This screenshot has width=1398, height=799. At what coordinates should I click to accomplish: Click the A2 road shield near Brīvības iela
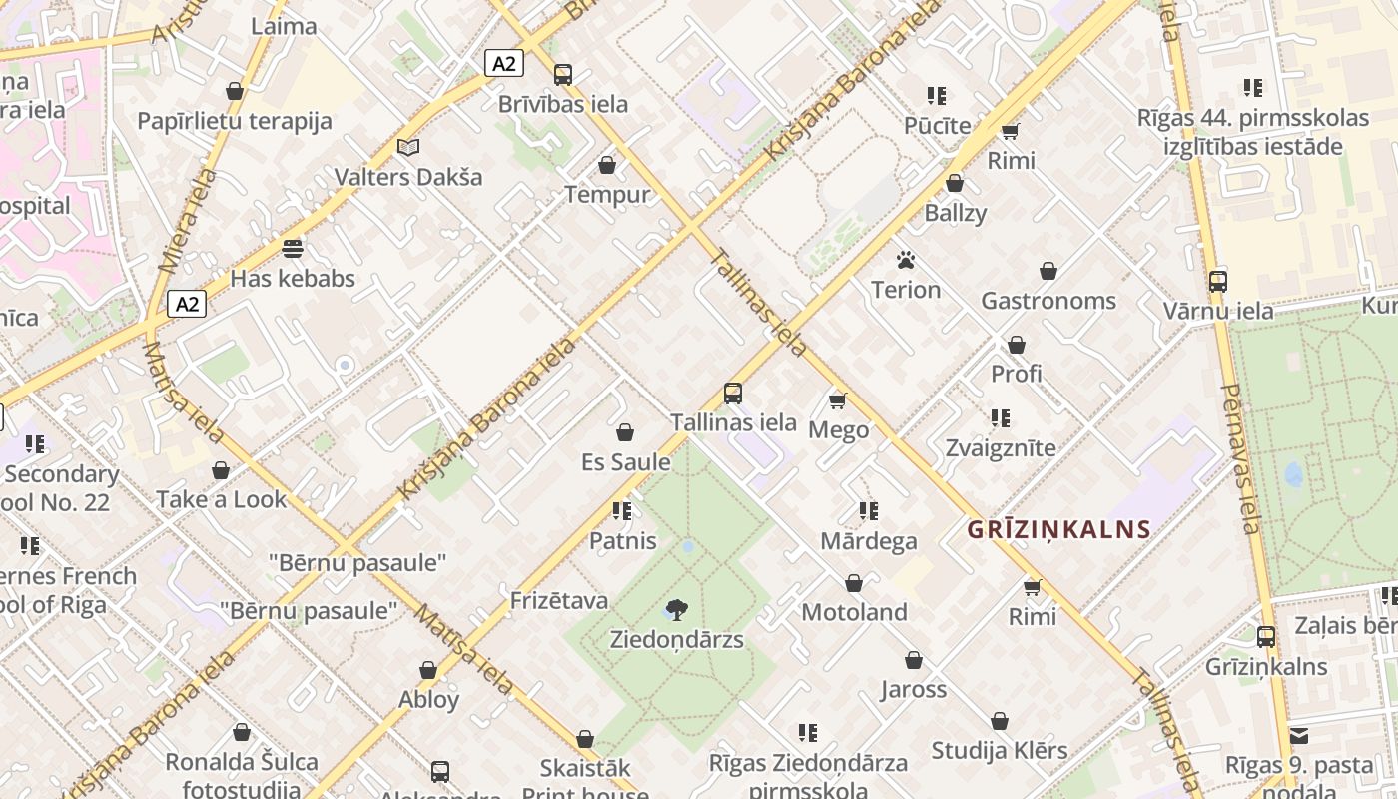point(504,63)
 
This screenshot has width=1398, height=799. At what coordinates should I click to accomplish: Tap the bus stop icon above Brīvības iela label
point(563,75)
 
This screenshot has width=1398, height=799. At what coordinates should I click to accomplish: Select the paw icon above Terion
point(906,261)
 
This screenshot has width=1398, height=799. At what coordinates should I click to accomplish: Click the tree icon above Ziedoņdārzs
point(677,609)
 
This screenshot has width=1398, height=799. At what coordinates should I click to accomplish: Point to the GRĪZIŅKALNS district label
point(1058,529)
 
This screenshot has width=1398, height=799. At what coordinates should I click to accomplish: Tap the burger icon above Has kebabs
point(293,248)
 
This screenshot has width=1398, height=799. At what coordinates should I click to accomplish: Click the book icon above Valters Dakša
point(407,147)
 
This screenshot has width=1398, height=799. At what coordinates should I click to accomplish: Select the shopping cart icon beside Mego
point(837,400)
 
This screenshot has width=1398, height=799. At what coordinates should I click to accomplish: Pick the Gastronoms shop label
point(1048,301)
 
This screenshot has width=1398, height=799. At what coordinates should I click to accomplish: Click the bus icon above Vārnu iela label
point(1217,281)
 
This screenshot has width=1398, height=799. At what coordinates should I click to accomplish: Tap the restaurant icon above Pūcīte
point(936,96)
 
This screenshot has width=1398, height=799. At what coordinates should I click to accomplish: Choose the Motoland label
point(854,612)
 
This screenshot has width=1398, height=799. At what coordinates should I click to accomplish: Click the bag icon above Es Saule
point(625,432)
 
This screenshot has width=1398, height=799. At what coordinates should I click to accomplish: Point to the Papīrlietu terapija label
point(235,122)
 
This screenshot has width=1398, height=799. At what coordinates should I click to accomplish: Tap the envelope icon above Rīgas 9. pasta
point(1299,736)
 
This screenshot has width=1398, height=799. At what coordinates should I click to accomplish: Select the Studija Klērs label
point(1000,750)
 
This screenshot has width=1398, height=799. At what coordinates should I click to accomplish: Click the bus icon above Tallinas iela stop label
point(733,393)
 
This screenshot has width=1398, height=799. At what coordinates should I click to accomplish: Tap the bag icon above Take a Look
point(221,470)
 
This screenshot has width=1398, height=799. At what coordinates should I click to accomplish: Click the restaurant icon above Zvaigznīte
point(1001,418)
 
